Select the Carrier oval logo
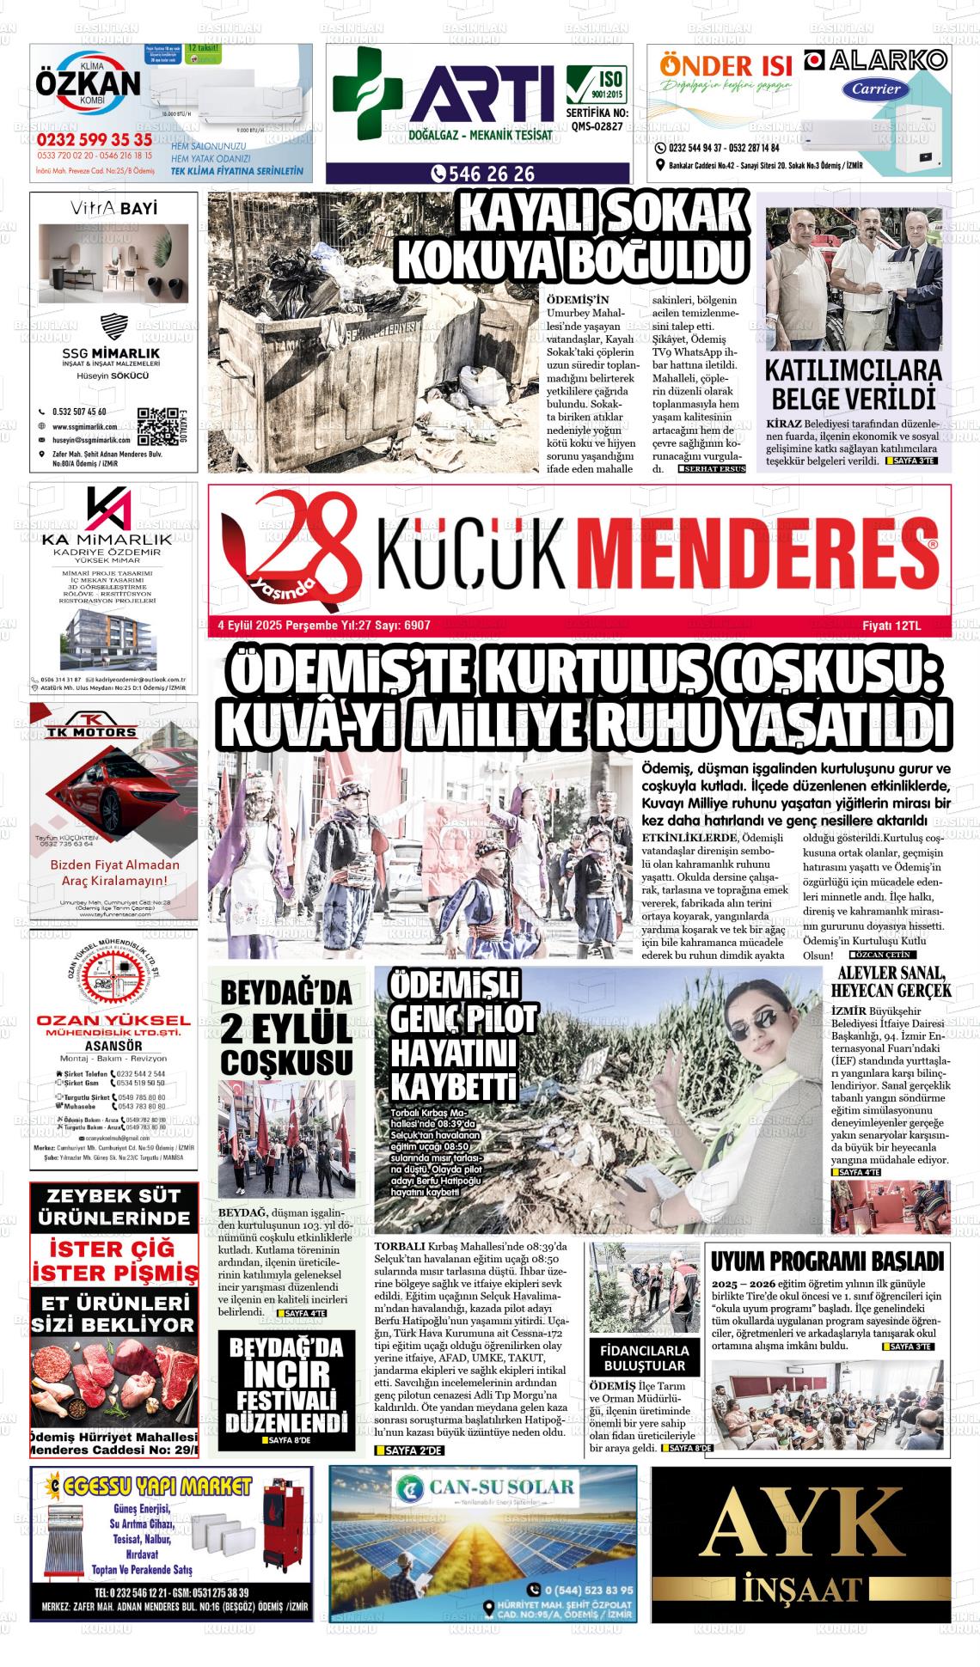(x=876, y=89)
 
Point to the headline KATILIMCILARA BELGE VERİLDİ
(x=853, y=384)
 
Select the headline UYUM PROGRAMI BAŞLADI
(x=827, y=1261)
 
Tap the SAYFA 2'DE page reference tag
(x=410, y=1450)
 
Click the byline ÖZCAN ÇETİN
(x=883, y=955)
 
